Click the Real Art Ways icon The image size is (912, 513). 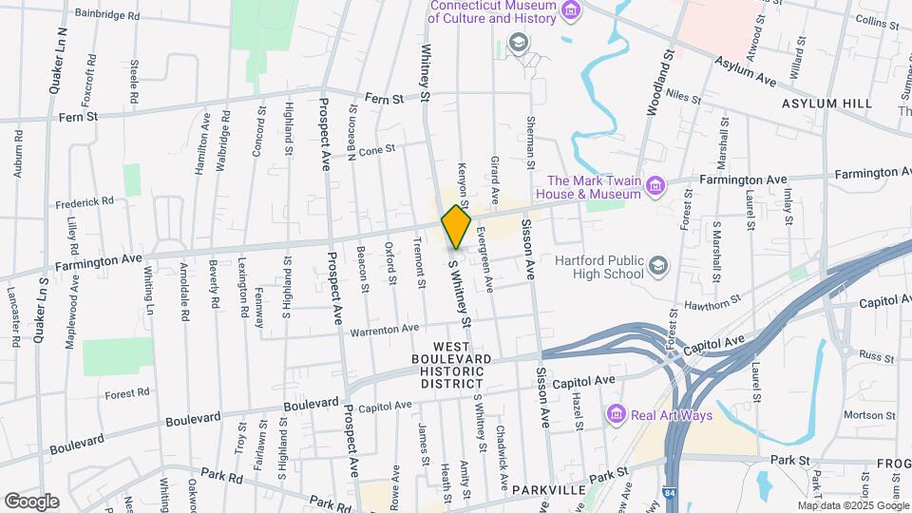616,415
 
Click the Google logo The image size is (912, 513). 30,501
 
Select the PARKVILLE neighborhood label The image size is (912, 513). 546,490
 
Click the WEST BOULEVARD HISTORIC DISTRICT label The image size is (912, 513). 463,365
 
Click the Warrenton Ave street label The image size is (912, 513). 384,329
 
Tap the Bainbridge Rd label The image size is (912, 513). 106,16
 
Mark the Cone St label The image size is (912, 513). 376,150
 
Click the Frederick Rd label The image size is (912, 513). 85,202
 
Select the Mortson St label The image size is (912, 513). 837,414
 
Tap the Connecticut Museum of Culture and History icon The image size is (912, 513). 571,11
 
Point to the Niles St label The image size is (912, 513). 683,98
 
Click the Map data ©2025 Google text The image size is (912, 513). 852,505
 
